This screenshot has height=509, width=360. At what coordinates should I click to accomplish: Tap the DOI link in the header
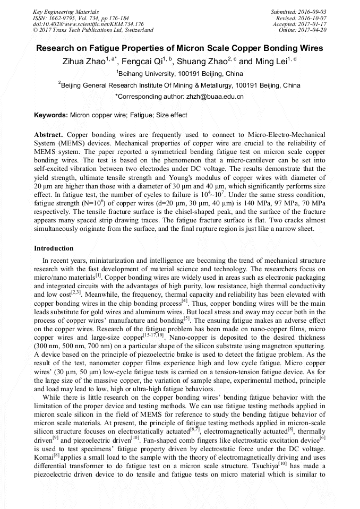coord(88,24)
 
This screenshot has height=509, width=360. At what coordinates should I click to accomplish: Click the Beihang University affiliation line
coord(179,74)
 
